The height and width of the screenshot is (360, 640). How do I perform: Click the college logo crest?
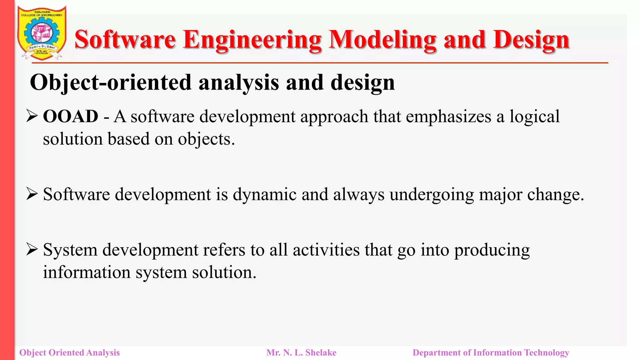tap(42, 33)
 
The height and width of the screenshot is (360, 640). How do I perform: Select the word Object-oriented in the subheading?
tap(110, 82)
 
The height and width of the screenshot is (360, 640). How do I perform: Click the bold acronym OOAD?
tap(71, 117)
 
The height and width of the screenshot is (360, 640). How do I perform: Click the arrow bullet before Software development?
tap(32, 194)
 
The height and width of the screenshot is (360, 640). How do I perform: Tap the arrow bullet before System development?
tap(32, 249)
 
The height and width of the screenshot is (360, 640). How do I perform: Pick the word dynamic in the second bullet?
tap(264, 194)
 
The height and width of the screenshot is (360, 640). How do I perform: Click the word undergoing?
tap(432, 194)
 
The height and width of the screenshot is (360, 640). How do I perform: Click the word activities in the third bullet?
tap(326, 250)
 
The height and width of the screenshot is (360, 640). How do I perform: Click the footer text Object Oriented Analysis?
tap(69, 352)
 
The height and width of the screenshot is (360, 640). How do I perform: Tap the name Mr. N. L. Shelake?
tap(301, 352)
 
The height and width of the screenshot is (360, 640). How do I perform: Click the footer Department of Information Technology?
tap(491, 352)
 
